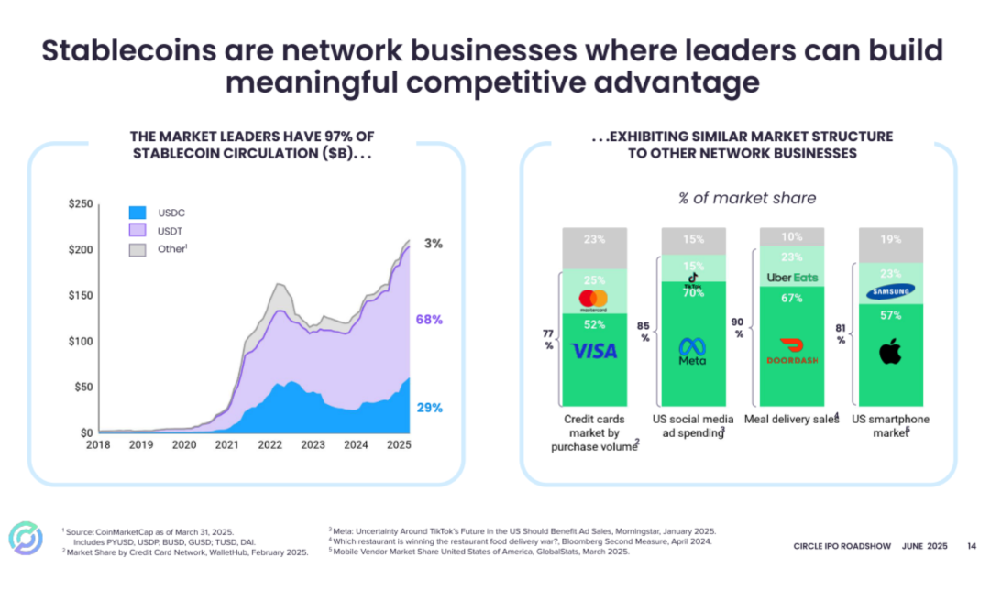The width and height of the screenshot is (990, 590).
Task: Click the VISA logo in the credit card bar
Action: [594, 351]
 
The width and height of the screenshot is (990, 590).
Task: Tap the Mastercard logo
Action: [594, 300]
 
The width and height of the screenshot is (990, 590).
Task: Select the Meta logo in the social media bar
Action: [692, 351]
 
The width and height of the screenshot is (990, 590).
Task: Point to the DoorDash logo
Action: [792, 352]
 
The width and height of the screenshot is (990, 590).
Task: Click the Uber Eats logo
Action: [792, 278]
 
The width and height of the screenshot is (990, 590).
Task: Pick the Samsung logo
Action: [890, 292]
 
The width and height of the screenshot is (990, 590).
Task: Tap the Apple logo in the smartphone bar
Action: [890, 352]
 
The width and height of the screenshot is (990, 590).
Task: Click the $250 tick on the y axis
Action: [80, 203]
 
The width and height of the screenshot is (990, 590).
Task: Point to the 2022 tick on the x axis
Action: [269, 444]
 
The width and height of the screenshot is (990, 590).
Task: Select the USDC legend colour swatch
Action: [138, 213]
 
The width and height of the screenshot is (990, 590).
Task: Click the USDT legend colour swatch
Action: [138, 231]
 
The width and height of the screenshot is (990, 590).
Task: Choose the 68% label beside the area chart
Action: [430, 320]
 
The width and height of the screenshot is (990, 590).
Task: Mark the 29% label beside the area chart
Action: [430, 408]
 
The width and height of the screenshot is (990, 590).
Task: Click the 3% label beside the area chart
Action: [434, 244]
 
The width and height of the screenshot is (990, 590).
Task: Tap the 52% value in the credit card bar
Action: [594, 322]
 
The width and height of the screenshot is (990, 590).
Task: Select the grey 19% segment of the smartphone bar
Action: [890, 240]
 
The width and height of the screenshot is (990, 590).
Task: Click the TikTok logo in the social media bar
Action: [693, 280]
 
